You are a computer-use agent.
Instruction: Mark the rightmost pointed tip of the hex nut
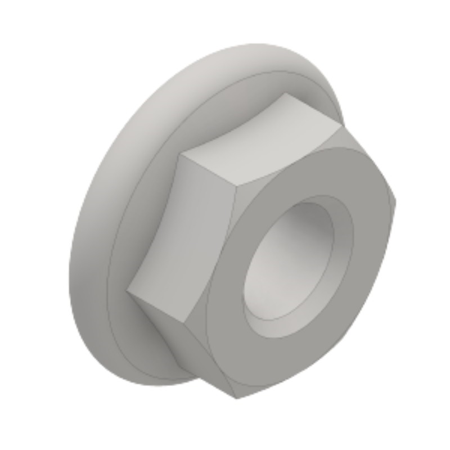coord(396,200)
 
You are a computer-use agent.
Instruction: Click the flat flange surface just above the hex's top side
coord(225,101)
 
